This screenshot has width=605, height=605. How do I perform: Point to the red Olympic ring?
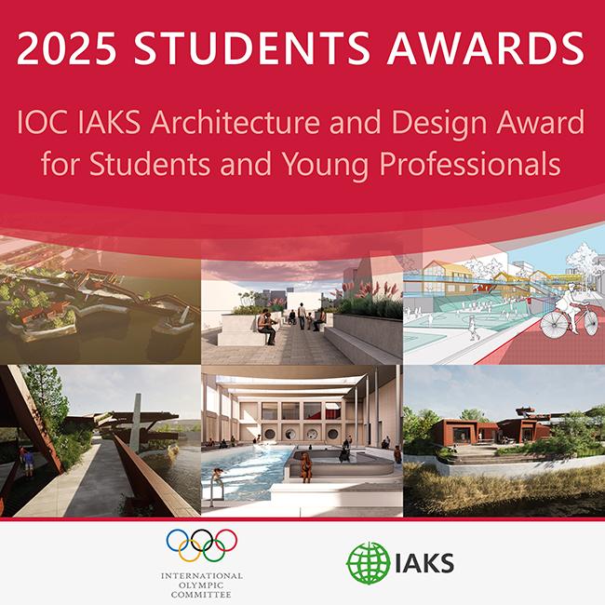[226, 539]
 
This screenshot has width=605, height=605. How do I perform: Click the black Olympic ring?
[201, 539]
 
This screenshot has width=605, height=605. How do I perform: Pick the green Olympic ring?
[214, 551]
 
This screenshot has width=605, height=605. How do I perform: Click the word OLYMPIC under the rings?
[201, 586]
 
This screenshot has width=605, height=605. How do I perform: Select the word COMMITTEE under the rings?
[201, 597]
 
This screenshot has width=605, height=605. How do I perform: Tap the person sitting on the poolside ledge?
[302, 461]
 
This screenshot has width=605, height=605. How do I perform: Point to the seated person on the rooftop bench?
[268, 323]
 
